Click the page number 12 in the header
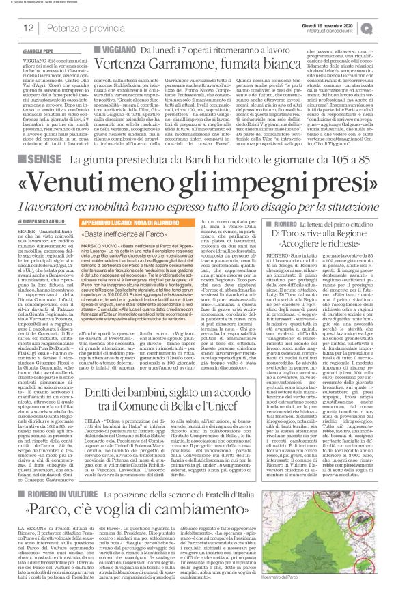(28, 28)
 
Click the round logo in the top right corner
(385, 27)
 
